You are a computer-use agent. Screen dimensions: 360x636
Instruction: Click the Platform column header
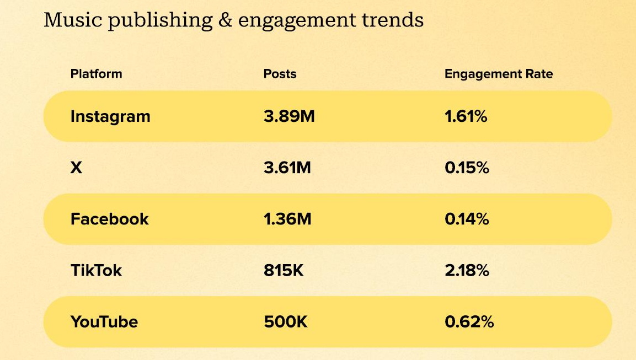tap(96, 74)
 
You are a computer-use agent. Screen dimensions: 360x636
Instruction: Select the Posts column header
tap(280, 74)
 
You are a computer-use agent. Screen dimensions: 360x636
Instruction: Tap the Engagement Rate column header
tap(498, 74)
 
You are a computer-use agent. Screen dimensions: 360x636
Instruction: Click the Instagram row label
tap(110, 116)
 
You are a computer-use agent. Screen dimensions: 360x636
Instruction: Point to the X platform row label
tap(77, 168)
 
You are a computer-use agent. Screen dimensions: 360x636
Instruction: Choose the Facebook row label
tap(109, 219)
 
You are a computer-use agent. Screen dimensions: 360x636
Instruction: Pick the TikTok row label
tap(96, 270)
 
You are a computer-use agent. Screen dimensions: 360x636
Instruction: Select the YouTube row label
tap(104, 321)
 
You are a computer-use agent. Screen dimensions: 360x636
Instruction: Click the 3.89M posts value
tap(289, 116)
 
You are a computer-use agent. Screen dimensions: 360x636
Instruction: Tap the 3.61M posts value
tap(287, 168)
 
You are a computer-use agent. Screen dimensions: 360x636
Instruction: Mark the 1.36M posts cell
tap(287, 219)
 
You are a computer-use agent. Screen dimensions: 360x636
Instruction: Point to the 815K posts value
tap(284, 270)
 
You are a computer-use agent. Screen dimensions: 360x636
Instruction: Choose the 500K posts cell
tap(285, 321)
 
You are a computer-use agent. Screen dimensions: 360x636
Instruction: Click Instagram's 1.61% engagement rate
tap(466, 116)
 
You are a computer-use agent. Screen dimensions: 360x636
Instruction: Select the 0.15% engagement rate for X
tap(467, 168)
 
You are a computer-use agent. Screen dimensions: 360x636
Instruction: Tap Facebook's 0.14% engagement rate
tap(467, 219)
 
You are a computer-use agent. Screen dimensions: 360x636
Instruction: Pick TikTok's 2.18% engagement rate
tap(467, 270)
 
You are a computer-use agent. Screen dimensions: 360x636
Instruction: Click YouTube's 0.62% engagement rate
tap(469, 321)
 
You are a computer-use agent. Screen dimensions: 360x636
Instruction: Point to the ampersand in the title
tap(225, 20)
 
